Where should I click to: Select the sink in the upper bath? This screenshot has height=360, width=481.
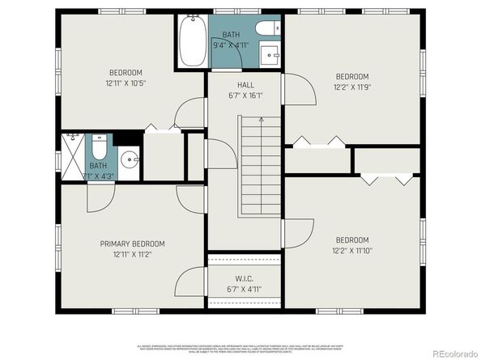(x=270, y=55)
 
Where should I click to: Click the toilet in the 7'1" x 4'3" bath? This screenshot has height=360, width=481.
(x=99, y=148)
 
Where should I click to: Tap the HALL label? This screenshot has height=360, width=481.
(x=246, y=84)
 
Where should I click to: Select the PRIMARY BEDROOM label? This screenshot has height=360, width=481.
(x=132, y=244)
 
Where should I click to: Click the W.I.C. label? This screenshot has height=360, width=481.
(x=243, y=278)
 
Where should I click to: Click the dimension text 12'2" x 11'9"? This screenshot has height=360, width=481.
(x=351, y=87)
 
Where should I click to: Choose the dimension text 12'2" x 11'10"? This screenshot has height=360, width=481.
(x=351, y=250)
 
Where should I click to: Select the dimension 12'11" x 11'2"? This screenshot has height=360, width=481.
(x=132, y=255)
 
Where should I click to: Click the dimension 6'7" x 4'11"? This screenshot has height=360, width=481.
(x=243, y=289)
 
